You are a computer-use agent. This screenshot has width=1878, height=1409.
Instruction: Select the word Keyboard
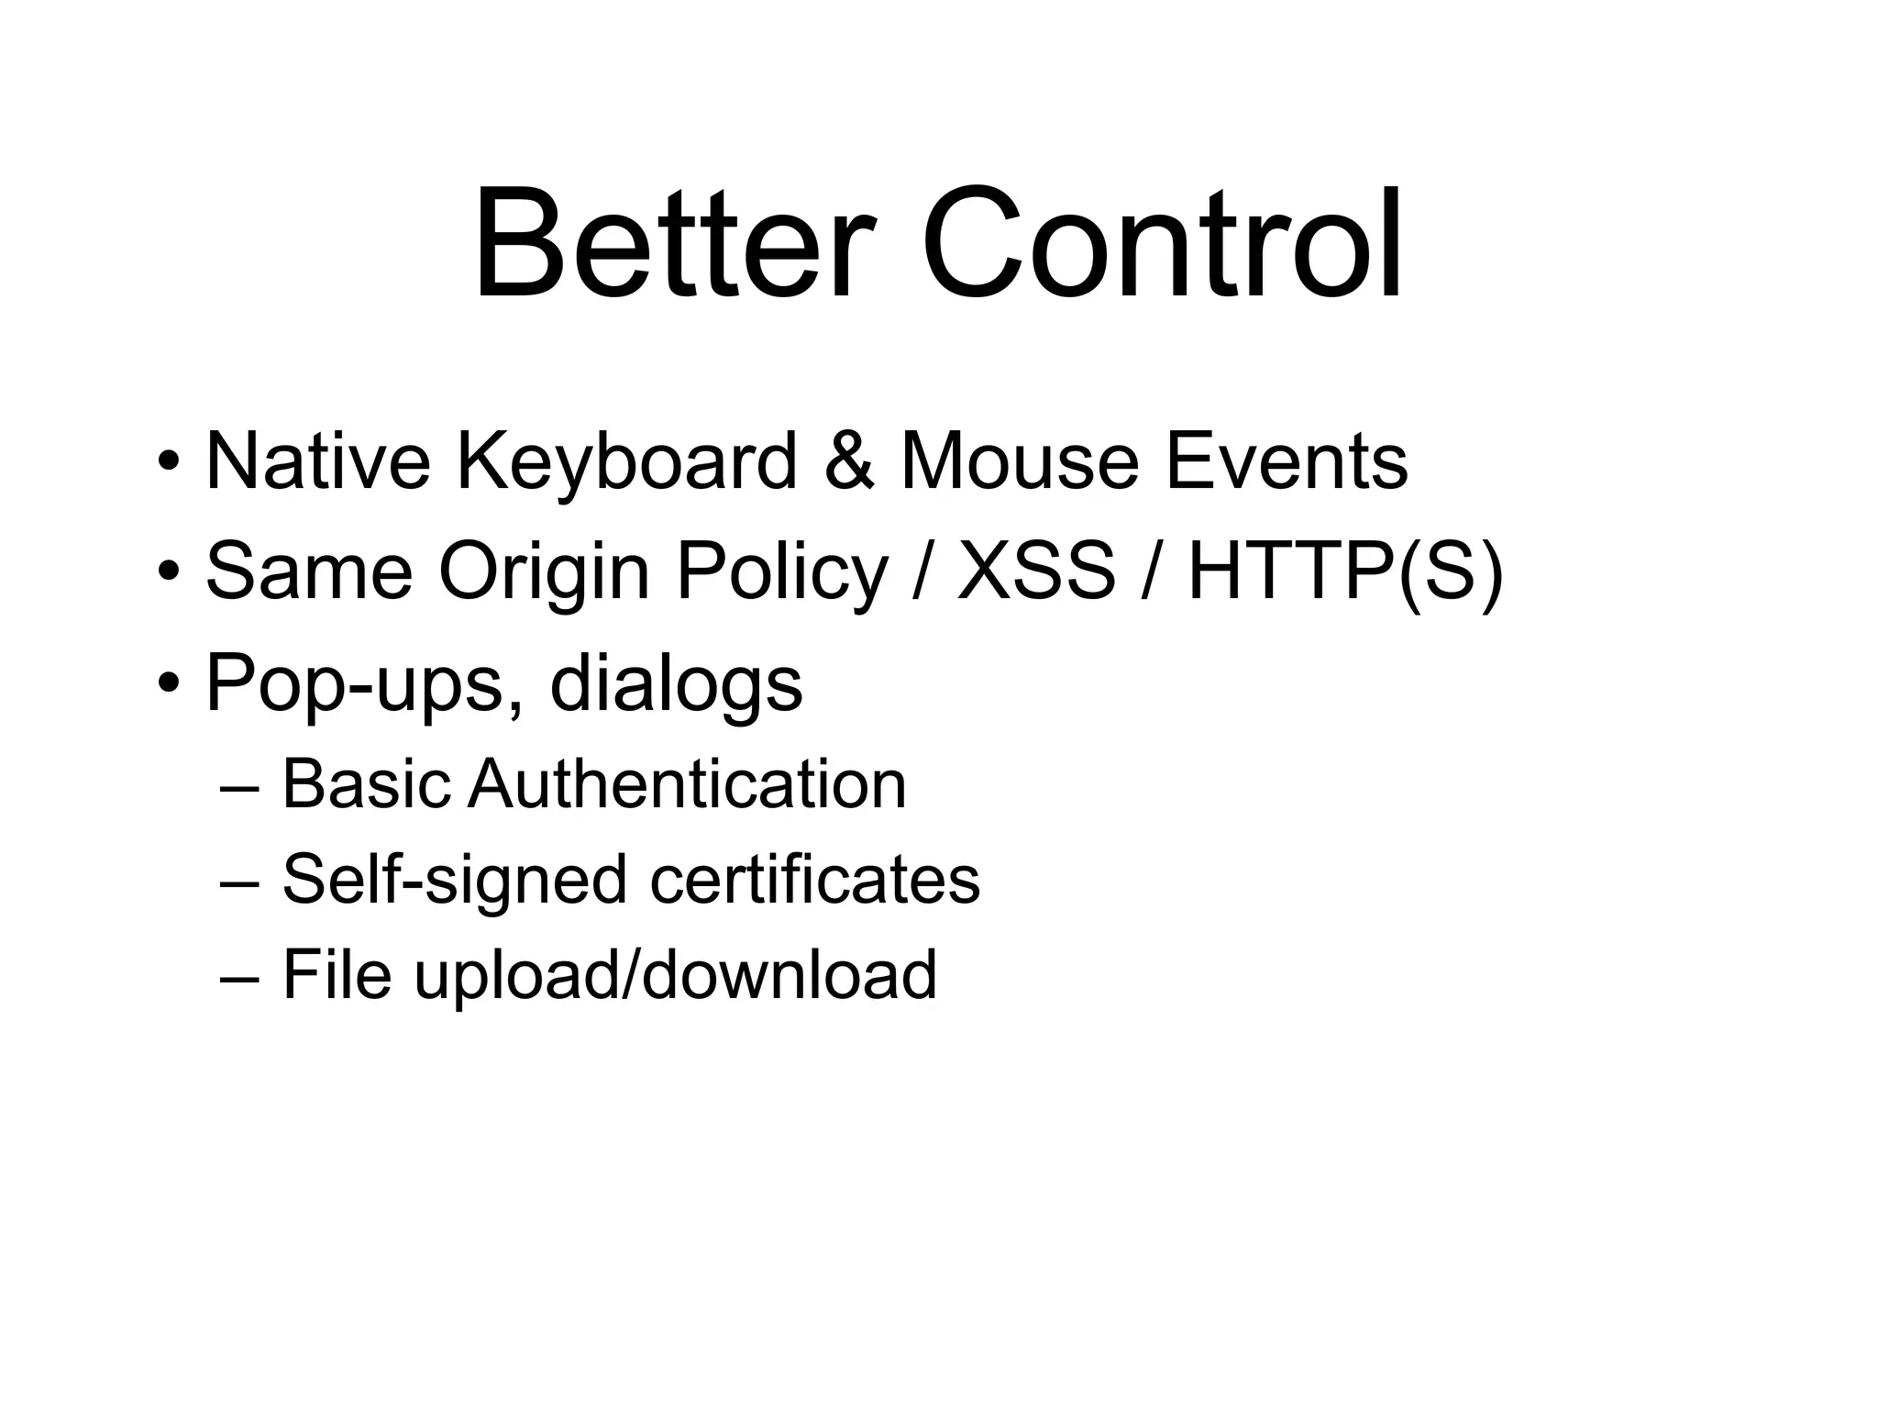pyautogui.click(x=627, y=462)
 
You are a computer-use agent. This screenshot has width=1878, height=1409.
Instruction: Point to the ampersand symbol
pyautogui.click(x=848, y=460)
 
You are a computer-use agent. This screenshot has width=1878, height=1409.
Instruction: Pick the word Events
pyautogui.click(x=1287, y=460)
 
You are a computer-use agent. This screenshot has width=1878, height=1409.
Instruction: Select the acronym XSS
pyautogui.click(x=1036, y=571)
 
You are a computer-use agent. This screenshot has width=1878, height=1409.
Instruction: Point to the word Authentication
pyautogui.click(x=687, y=784)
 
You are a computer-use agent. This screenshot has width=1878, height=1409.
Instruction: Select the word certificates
pyautogui.click(x=814, y=879)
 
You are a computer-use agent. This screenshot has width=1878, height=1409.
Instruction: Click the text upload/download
pyautogui.click(x=675, y=974)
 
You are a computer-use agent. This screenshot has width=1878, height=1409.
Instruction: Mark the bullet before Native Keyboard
pyautogui.click(x=169, y=460)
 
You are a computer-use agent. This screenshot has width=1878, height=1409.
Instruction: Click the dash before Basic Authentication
pyautogui.click(x=240, y=787)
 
